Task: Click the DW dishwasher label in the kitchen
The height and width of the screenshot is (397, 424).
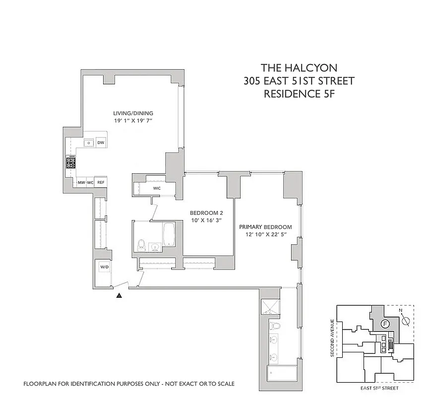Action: tap(101, 143)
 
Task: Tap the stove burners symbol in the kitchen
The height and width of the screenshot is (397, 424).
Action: tap(71, 162)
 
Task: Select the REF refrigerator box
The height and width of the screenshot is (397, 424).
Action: tap(101, 183)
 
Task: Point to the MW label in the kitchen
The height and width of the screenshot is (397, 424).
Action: tap(81, 183)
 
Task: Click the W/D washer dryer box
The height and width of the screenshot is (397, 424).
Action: tap(104, 267)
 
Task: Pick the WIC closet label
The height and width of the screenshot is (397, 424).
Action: tap(157, 189)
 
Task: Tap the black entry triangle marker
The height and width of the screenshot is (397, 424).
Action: tap(119, 296)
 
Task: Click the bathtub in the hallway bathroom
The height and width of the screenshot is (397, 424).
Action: tap(169, 235)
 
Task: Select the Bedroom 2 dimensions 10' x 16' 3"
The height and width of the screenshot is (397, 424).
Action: tap(206, 221)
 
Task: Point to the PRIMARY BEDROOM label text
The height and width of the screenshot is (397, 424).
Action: tap(265, 227)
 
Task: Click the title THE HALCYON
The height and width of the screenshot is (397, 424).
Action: tap(299, 68)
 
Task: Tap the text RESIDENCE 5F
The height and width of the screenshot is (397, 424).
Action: tap(299, 93)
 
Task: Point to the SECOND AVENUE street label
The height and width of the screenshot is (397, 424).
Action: tap(332, 337)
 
